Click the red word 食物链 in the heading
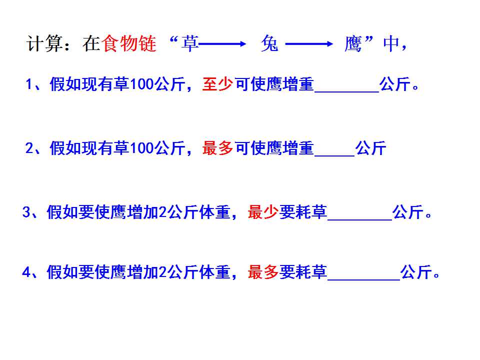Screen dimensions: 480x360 click(x=129, y=43)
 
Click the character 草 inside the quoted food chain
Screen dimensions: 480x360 click(x=190, y=43)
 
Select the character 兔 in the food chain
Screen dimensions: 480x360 click(x=269, y=43)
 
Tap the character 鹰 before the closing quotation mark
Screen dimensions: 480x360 click(x=353, y=43)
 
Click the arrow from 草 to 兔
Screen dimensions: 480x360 click(x=222, y=44)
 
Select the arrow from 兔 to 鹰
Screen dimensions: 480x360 click(x=309, y=44)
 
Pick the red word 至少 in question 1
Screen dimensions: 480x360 click(x=217, y=84)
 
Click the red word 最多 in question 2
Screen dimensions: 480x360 click(x=217, y=148)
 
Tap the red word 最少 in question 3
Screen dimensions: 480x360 click(x=263, y=212)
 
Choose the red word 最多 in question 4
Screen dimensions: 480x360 click(x=263, y=272)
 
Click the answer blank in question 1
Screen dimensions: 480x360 click(x=347, y=91)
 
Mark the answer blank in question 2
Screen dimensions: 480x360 click(x=334, y=155)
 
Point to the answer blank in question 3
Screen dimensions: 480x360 click(x=360, y=219)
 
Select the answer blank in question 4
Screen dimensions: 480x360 click(x=363, y=279)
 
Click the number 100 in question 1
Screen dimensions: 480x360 click(x=141, y=84)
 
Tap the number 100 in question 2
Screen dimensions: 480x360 click(x=141, y=148)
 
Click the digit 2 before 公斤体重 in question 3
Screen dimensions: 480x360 click(x=163, y=212)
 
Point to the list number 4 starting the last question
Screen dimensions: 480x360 click(x=26, y=272)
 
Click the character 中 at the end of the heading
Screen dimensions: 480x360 click(x=391, y=43)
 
